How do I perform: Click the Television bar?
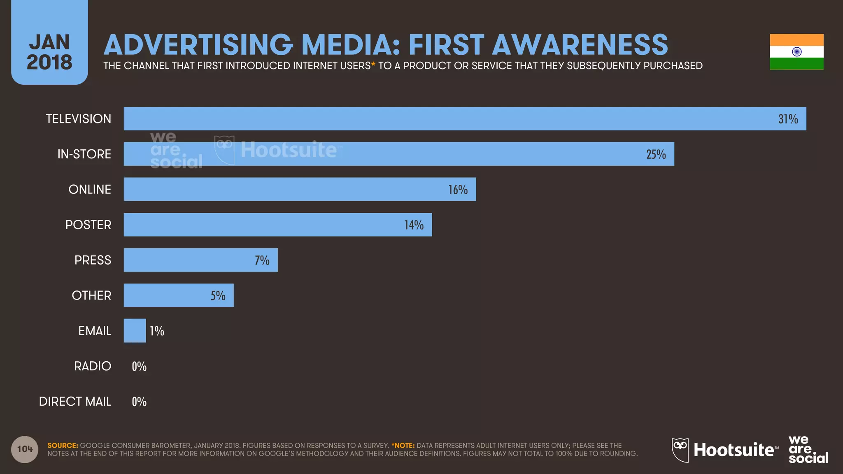coord(453,118)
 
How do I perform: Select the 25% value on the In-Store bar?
coord(656,154)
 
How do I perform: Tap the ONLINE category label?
coord(90,189)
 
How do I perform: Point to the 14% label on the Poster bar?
coord(414,225)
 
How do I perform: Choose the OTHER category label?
coord(91,295)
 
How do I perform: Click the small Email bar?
coord(135,330)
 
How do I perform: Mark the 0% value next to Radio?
coord(139,366)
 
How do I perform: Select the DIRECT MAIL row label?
coord(75,402)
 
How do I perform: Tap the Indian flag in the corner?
coord(796,52)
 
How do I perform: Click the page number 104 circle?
coord(25,449)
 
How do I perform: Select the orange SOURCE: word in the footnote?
coord(63,446)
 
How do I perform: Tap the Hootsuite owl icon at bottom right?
coord(680,450)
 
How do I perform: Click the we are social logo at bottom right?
coord(808,450)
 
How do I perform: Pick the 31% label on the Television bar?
coord(788,119)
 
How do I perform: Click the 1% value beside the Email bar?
coord(157,331)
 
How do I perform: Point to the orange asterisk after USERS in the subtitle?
coord(373,65)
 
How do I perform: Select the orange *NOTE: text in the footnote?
coord(403,446)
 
